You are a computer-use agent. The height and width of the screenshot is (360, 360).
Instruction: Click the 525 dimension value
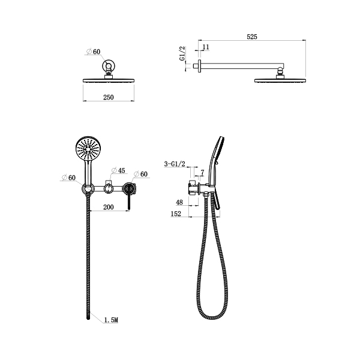click(252, 37)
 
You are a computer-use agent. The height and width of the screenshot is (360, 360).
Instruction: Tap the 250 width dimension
click(109, 97)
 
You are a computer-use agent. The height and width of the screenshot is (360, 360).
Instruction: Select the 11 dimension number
click(206, 47)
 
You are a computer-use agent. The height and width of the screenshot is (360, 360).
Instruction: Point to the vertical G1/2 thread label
click(182, 53)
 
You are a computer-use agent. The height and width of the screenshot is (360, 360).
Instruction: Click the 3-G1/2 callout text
click(175, 164)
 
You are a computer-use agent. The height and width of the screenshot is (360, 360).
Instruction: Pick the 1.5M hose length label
click(111, 320)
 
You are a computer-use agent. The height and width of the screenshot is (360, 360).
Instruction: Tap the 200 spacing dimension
click(109, 207)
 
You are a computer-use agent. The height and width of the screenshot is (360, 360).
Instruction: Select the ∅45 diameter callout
click(118, 170)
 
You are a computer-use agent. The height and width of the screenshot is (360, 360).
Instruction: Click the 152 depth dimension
click(176, 214)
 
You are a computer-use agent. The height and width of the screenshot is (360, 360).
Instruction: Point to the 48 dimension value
click(179, 202)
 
